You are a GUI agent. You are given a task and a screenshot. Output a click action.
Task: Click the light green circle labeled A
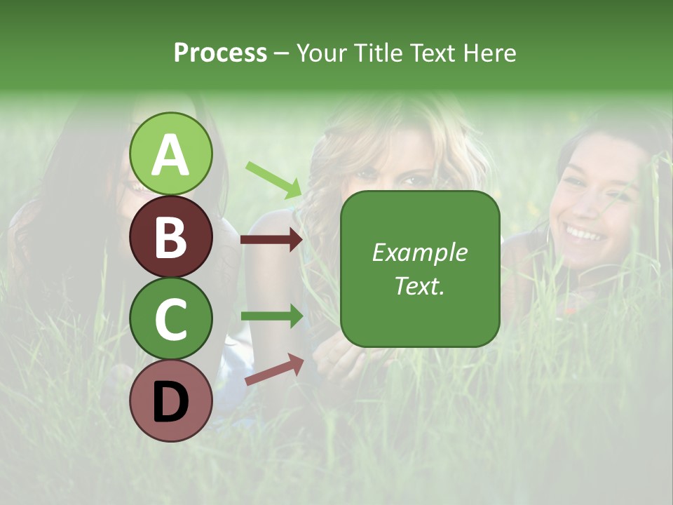[171, 154]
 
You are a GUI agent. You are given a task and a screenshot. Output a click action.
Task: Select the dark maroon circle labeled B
[171, 236]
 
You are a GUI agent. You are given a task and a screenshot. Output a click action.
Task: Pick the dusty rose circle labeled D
[171, 400]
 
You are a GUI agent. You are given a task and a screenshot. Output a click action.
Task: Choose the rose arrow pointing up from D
[274, 370]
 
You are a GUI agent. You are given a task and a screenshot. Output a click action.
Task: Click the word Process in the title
[220, 53]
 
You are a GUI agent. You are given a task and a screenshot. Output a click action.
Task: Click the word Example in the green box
[419, 252]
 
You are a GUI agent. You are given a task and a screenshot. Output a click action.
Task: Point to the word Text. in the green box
[419, 286]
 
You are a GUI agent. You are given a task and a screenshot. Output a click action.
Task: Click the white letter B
[171, 237]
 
